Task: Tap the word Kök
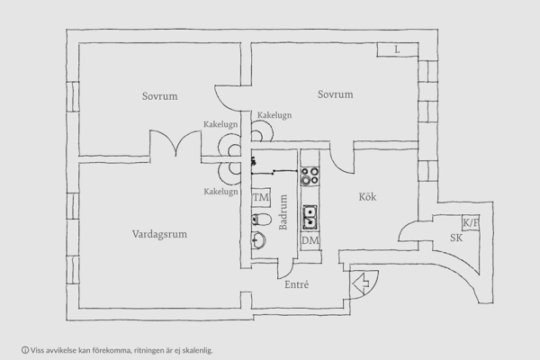tap(367, 197)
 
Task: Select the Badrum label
tap(283, 213)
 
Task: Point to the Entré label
tap(296, 284)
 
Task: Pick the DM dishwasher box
tap(310, 240)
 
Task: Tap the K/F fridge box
tap(470, 222)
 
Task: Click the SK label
tap(456, 238)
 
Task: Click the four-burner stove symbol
tap(310, 175)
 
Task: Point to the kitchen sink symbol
tap(310, 216)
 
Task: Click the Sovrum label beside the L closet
tap(335, 94)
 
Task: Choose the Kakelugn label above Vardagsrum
tap(220, 192)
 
